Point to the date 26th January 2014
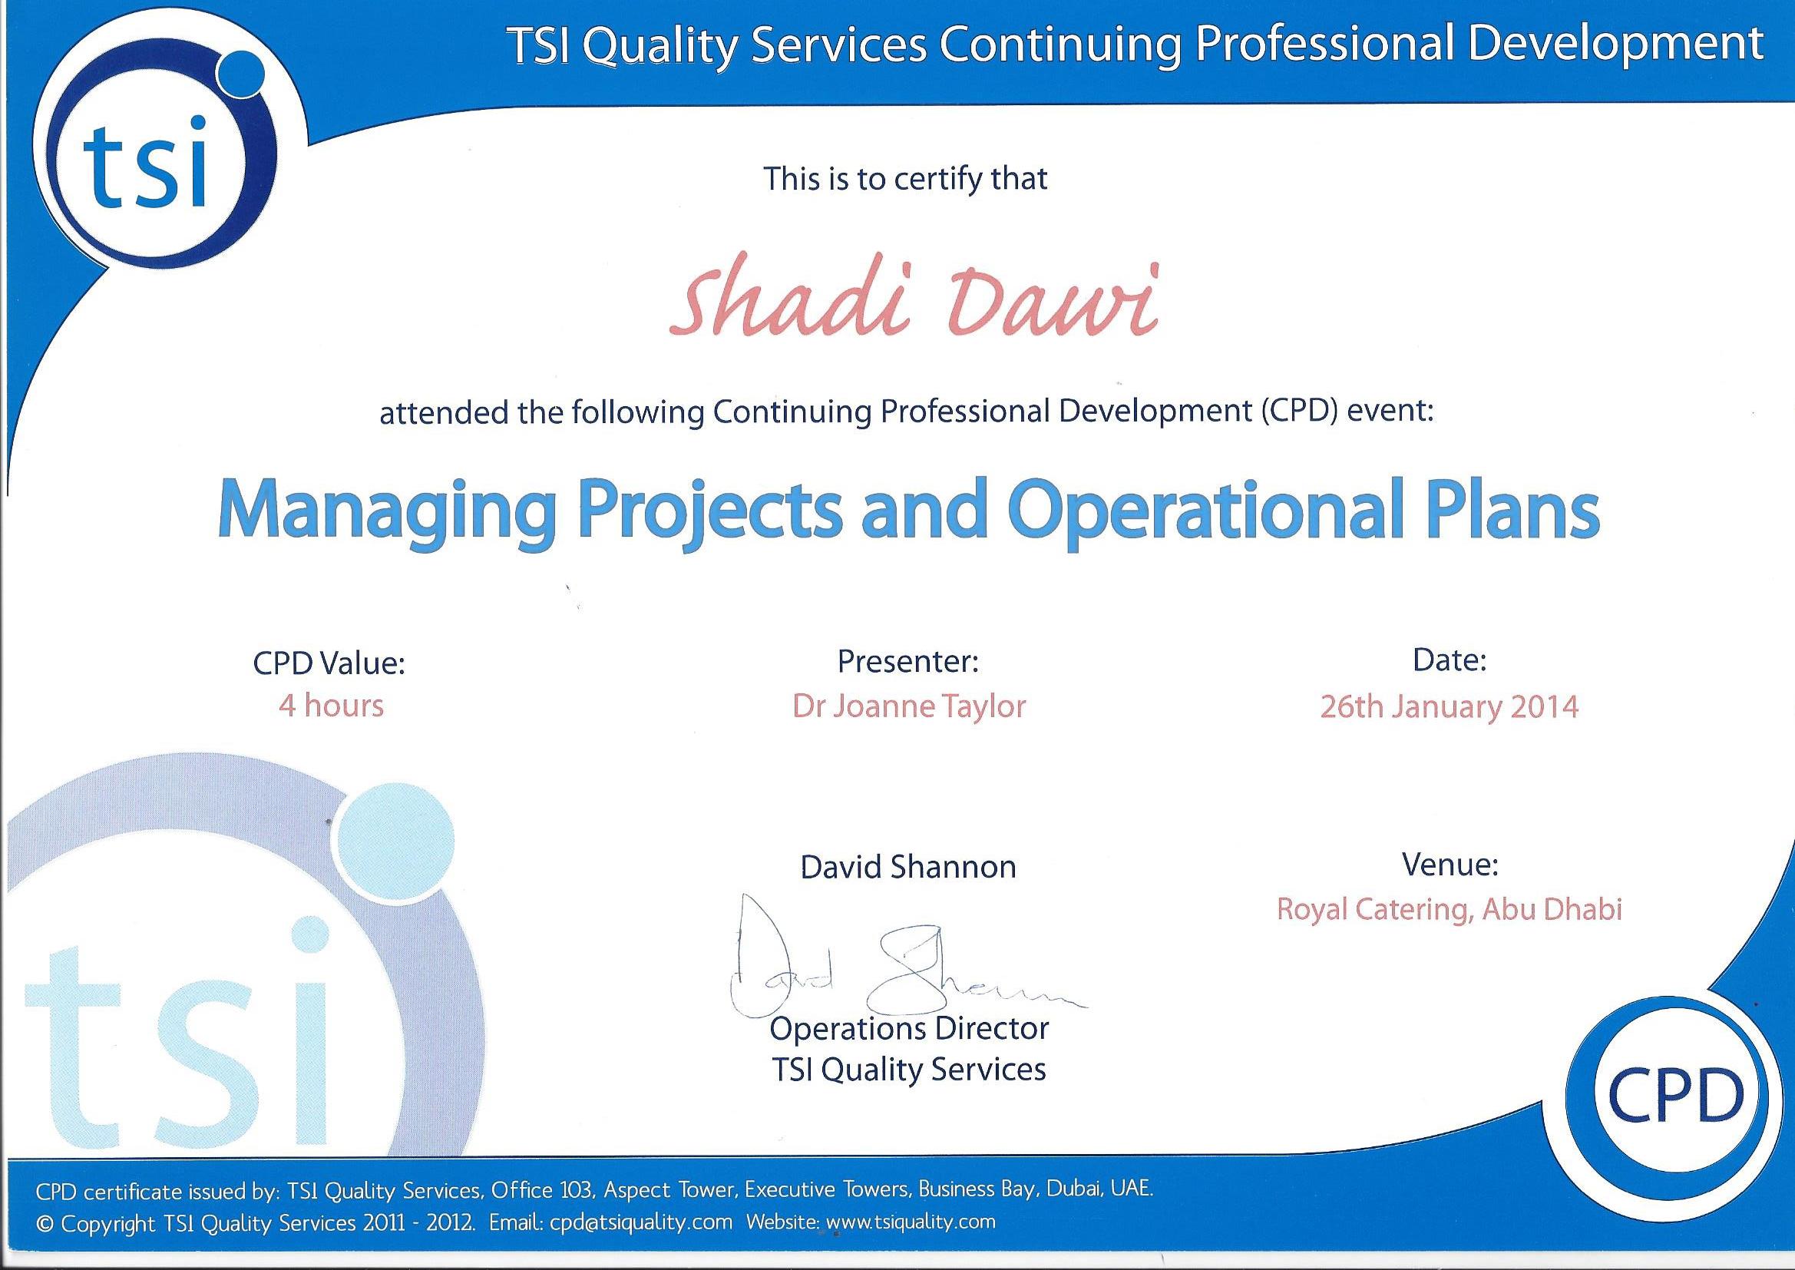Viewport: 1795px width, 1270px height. (1450, 707)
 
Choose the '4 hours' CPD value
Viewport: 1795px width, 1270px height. (331, 706)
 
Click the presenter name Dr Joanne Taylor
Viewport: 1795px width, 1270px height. (908, 707)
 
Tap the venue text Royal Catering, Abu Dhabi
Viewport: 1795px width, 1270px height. (1450, 909)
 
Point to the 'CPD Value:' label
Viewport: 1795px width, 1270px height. (329, 663)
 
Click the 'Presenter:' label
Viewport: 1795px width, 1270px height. (907, 662)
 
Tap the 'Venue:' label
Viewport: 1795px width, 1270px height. (1450, 864)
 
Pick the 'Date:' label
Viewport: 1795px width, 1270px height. (1450, 661)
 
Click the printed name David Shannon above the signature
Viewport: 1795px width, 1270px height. (907, 866)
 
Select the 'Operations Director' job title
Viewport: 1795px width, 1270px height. (908, 1029)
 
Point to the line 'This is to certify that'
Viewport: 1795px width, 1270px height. (905, 179)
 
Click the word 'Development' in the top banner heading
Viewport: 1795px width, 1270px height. (1615, 45)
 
